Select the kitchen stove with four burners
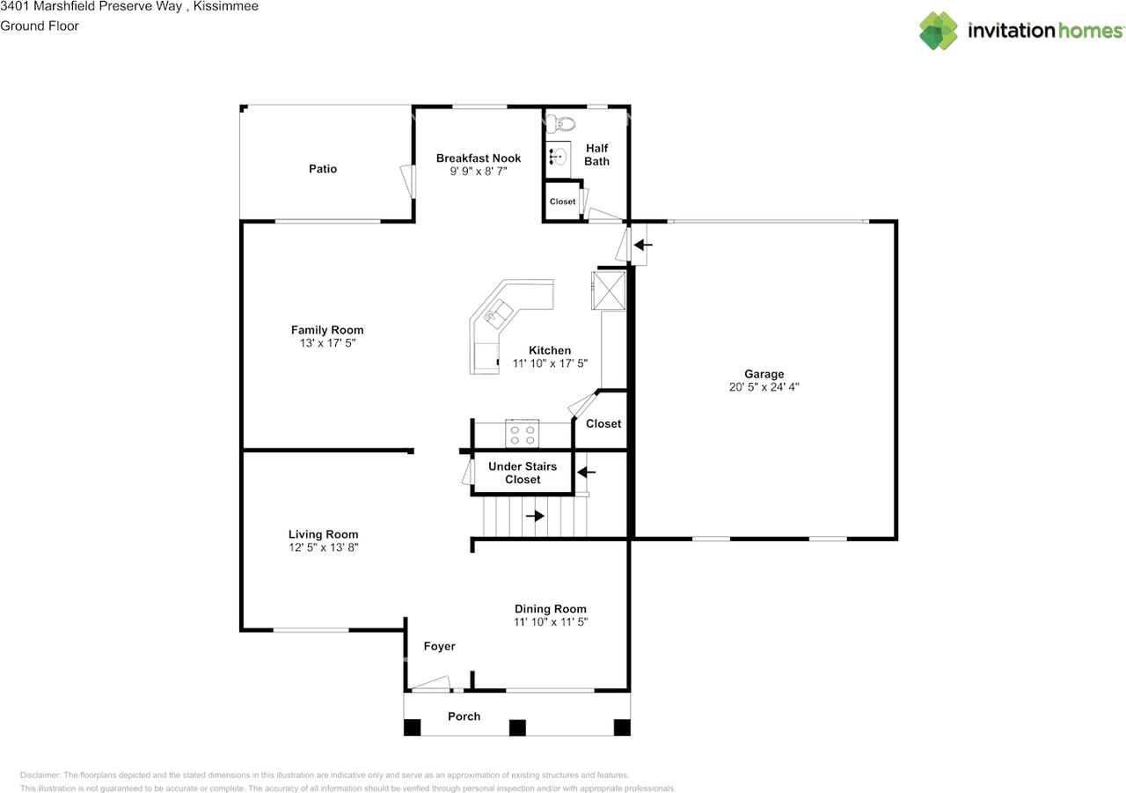pos(522,435)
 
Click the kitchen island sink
pos(499,312)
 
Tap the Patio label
pos(322,169)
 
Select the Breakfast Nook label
pos(479,158)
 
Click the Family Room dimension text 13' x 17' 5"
pos(327,343)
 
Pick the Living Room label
pos(323,534)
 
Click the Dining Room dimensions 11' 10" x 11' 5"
pos(550,621)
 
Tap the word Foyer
pos(439,646)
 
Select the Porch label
pos(464,716)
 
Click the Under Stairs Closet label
pos(523,473)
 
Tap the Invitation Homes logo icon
pos(939,31)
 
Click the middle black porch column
pos(517,728)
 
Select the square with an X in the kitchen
pos(609,291)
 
